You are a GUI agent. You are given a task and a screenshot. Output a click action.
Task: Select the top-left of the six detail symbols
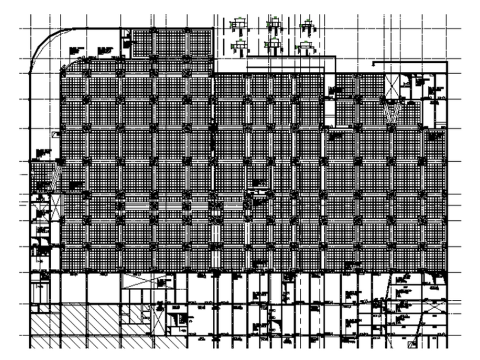(x=239, y=26)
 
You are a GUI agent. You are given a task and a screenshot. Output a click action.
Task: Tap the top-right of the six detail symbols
(x=308, y=26)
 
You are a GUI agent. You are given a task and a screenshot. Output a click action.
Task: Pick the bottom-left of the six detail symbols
(x=239, y=44)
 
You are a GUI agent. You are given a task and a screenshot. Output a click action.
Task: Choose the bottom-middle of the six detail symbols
(x=273, y=44)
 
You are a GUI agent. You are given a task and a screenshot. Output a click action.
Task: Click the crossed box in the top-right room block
(x=392, y=85)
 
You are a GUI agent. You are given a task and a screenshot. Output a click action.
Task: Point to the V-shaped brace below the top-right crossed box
(x=392, y=114)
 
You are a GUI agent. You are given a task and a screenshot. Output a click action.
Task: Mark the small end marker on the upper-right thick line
(x=374, y=63)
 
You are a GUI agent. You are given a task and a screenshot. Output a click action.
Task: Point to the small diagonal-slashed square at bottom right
(x=412, y=344)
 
